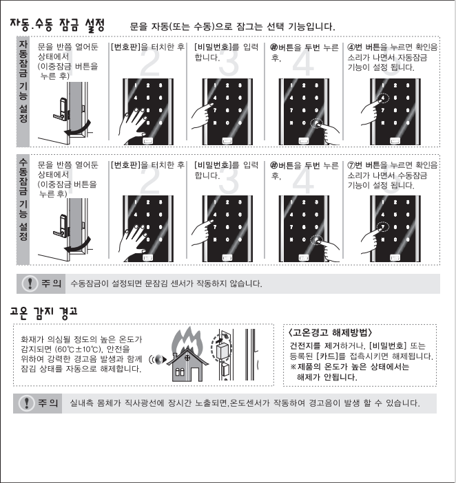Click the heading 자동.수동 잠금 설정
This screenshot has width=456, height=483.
(x=57, y=25)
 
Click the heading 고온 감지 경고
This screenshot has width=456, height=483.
(x=43, y=312)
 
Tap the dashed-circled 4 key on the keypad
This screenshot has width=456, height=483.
(x=382, y=98)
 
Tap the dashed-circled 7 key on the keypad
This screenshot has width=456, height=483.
(x=382, y=227)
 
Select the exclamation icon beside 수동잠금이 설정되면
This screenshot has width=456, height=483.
(x=30, y=283)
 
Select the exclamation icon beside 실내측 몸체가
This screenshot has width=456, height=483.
(x=26, y=402)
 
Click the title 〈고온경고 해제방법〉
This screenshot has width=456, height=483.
(x=330, y=333)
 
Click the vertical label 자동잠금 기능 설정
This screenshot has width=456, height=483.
(x=23, y=81)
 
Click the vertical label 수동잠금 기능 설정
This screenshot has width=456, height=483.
(x=23, y=200)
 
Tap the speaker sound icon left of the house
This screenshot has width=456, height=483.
(x=158, y=359)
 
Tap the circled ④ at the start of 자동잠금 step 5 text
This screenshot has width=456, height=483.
(x=351, y=47)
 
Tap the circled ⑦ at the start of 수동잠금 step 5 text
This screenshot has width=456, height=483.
(x=351, y=165)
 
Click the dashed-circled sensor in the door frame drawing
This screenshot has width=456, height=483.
(x=220, y=349)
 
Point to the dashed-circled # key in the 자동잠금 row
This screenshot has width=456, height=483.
(x=316, y=123)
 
